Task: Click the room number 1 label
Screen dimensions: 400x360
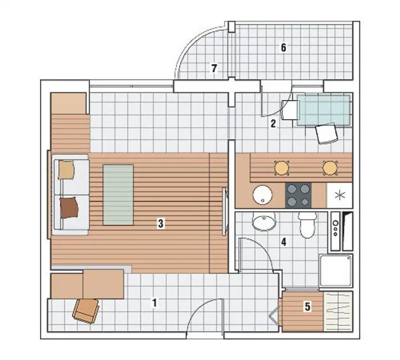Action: click(x=155, y=303)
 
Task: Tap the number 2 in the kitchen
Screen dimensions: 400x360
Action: click(x=273, y=124)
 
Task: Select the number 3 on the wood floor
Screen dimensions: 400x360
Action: click(x=161, y=223)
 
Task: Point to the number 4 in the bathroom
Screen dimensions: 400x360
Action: click(x=284, y=242)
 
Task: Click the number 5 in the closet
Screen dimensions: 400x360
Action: click(x=307, y=307)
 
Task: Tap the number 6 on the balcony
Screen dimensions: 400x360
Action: click(x=283, y=47)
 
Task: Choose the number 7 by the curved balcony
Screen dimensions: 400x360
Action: click(x=214, y=68)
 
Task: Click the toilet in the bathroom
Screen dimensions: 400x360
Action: click(x=307, y=225)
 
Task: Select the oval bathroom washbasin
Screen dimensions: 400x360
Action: click(x=264, y=222)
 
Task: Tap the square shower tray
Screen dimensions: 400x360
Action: click(x=336, y=271)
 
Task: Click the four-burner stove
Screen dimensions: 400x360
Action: click(x=299, y=195)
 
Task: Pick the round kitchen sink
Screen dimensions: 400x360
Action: click(x=263, y=195)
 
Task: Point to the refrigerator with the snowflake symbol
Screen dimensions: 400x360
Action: click(x=339, y=195)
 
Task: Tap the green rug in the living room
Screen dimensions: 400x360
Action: click(x=118, y=195)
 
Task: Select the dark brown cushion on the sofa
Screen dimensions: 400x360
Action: click(x=69, y=207)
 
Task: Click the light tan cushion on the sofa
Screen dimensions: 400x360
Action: click(x=66, y=170)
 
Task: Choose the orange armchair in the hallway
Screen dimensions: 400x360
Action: click(x=86, y=311)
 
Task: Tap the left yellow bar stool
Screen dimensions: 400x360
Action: click(x=281, y=168)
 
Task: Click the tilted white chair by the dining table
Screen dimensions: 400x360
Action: click(x=327, y=134)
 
